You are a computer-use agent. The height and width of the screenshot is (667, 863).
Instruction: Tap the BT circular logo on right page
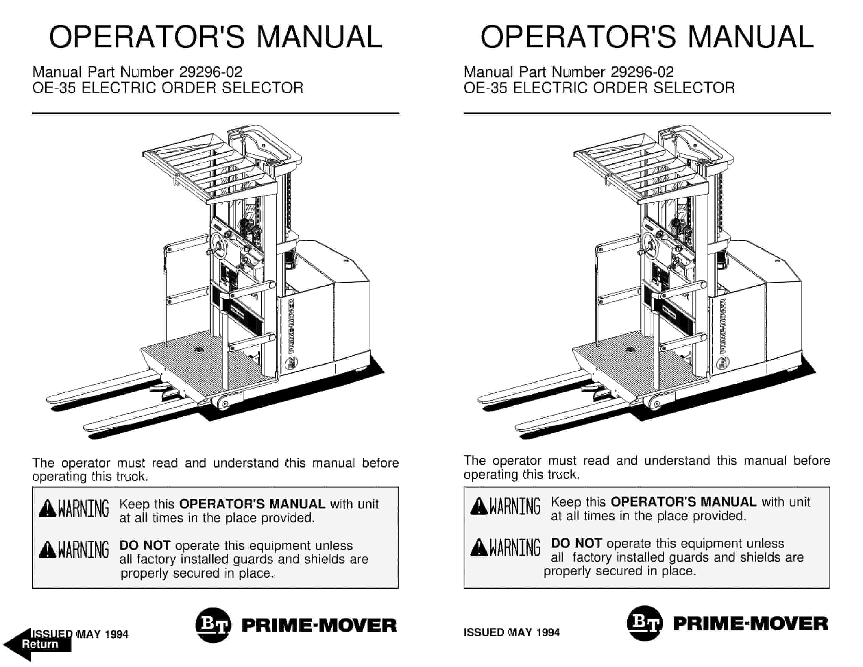(x=644, y=623)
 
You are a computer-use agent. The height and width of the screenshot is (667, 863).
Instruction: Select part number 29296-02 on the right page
(x=642, y=72)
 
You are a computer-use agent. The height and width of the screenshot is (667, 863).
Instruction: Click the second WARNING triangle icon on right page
(x=479, y=548)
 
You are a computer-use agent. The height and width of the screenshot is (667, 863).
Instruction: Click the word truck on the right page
(x=563, y=475)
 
